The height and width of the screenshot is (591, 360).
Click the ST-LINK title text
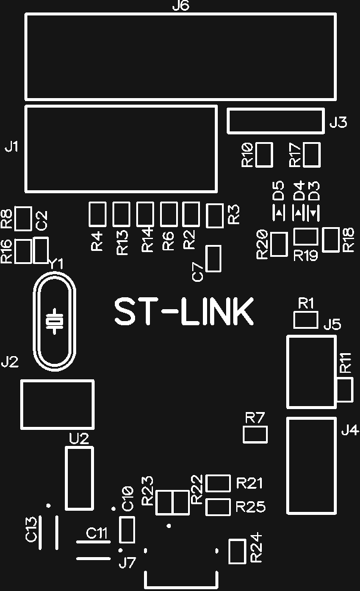coord(184,312)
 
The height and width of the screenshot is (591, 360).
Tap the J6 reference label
coord(180,7)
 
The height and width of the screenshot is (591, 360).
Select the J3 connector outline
coord(276,121)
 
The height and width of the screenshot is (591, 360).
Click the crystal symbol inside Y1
coord(55,321)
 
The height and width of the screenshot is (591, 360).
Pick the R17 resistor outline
coord(312,155)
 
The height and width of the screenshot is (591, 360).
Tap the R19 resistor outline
coord(306,237)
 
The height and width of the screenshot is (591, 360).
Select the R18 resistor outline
coord(331,240)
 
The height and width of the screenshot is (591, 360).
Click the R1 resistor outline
coord(306,320)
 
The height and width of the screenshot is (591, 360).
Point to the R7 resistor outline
coord(255,435)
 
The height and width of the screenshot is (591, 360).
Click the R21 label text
coord(250,483)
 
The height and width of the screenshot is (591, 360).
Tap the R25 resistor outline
coord(218,507)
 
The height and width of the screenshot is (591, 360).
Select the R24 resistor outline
coord(237,551)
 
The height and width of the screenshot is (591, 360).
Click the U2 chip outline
coord(79,479)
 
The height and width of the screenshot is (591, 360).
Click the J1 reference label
coord(12,146)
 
